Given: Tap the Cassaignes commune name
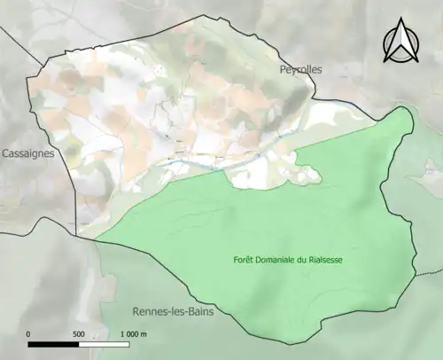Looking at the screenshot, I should click(27, 153).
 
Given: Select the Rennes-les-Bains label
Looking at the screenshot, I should click(172, 312).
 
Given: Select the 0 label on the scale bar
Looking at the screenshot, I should click(29, 334).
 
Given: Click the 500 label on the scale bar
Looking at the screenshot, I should click(78, 334).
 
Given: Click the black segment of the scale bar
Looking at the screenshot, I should click(54, 344).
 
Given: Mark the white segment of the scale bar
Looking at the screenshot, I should click(105, 344).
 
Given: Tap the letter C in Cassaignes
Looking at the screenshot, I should click(5, 153).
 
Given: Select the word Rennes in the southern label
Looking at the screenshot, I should click(151, 312).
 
